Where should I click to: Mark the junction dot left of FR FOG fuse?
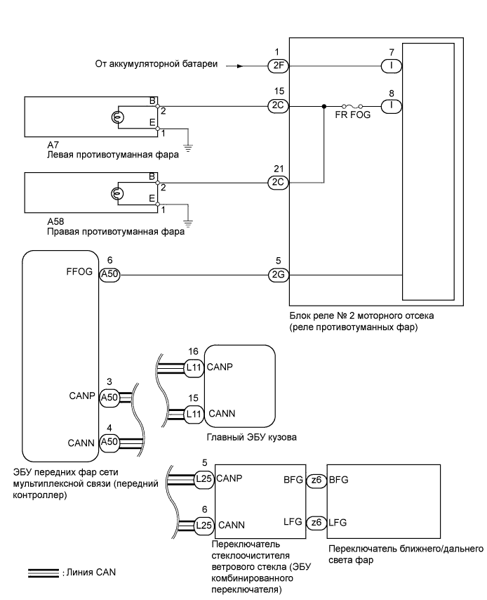[x=323, y=107]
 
